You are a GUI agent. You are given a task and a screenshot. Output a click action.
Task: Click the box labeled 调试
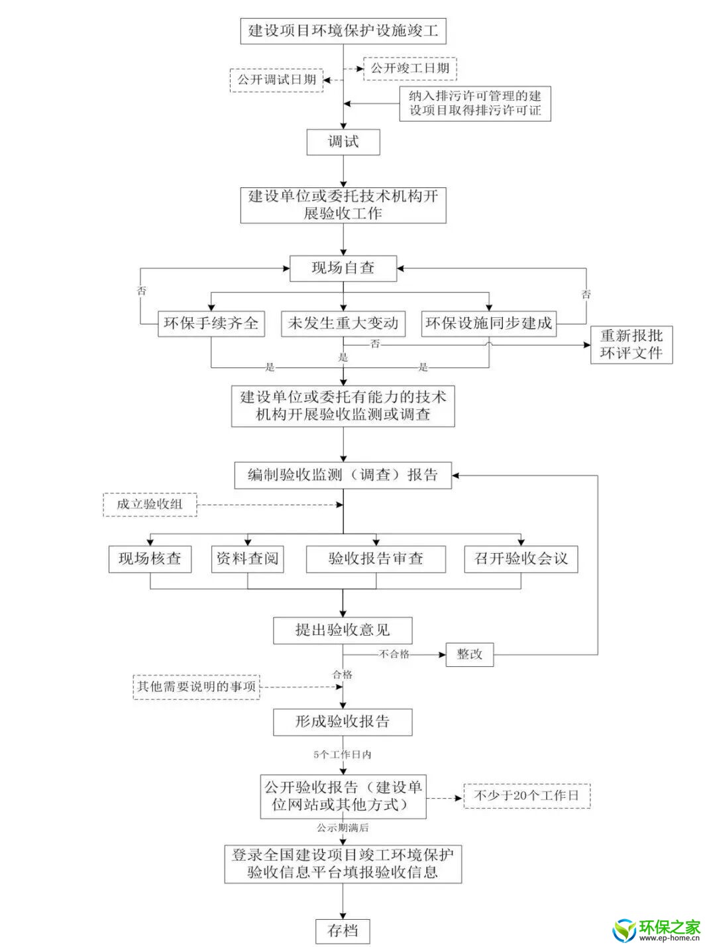[343, 142]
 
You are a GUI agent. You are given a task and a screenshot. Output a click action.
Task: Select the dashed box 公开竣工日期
[409, 68]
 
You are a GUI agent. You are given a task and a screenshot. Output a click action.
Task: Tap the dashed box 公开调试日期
[276, 79]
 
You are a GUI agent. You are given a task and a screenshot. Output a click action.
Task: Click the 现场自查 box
[343, 268]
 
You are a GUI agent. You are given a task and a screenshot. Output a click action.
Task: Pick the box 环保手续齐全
[211, 323]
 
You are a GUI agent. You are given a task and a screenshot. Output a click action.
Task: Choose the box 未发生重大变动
[343, 323]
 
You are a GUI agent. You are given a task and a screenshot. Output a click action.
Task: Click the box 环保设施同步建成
[488, 323]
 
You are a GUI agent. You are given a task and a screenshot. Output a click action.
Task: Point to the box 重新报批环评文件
[631, 344]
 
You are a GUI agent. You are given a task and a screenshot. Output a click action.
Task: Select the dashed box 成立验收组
[150, 505]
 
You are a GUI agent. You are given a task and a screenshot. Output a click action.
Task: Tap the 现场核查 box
[150, 559]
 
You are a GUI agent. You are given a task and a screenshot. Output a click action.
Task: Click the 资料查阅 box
[247, 559]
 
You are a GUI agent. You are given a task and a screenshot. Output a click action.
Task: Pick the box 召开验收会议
[521, 559]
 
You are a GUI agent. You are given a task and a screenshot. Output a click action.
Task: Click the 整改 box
[469, 654]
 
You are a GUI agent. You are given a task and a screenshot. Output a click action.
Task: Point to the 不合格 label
[394, 654]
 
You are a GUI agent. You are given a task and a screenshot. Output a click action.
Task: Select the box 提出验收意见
[343, 630]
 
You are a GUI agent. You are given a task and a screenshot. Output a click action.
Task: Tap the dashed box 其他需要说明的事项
[196, 686]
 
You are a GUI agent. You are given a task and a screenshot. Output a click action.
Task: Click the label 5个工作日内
[343, 754]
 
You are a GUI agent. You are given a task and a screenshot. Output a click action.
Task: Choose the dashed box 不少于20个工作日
[526, 795]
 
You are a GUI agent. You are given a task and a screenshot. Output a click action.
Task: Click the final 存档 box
[343, 930]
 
